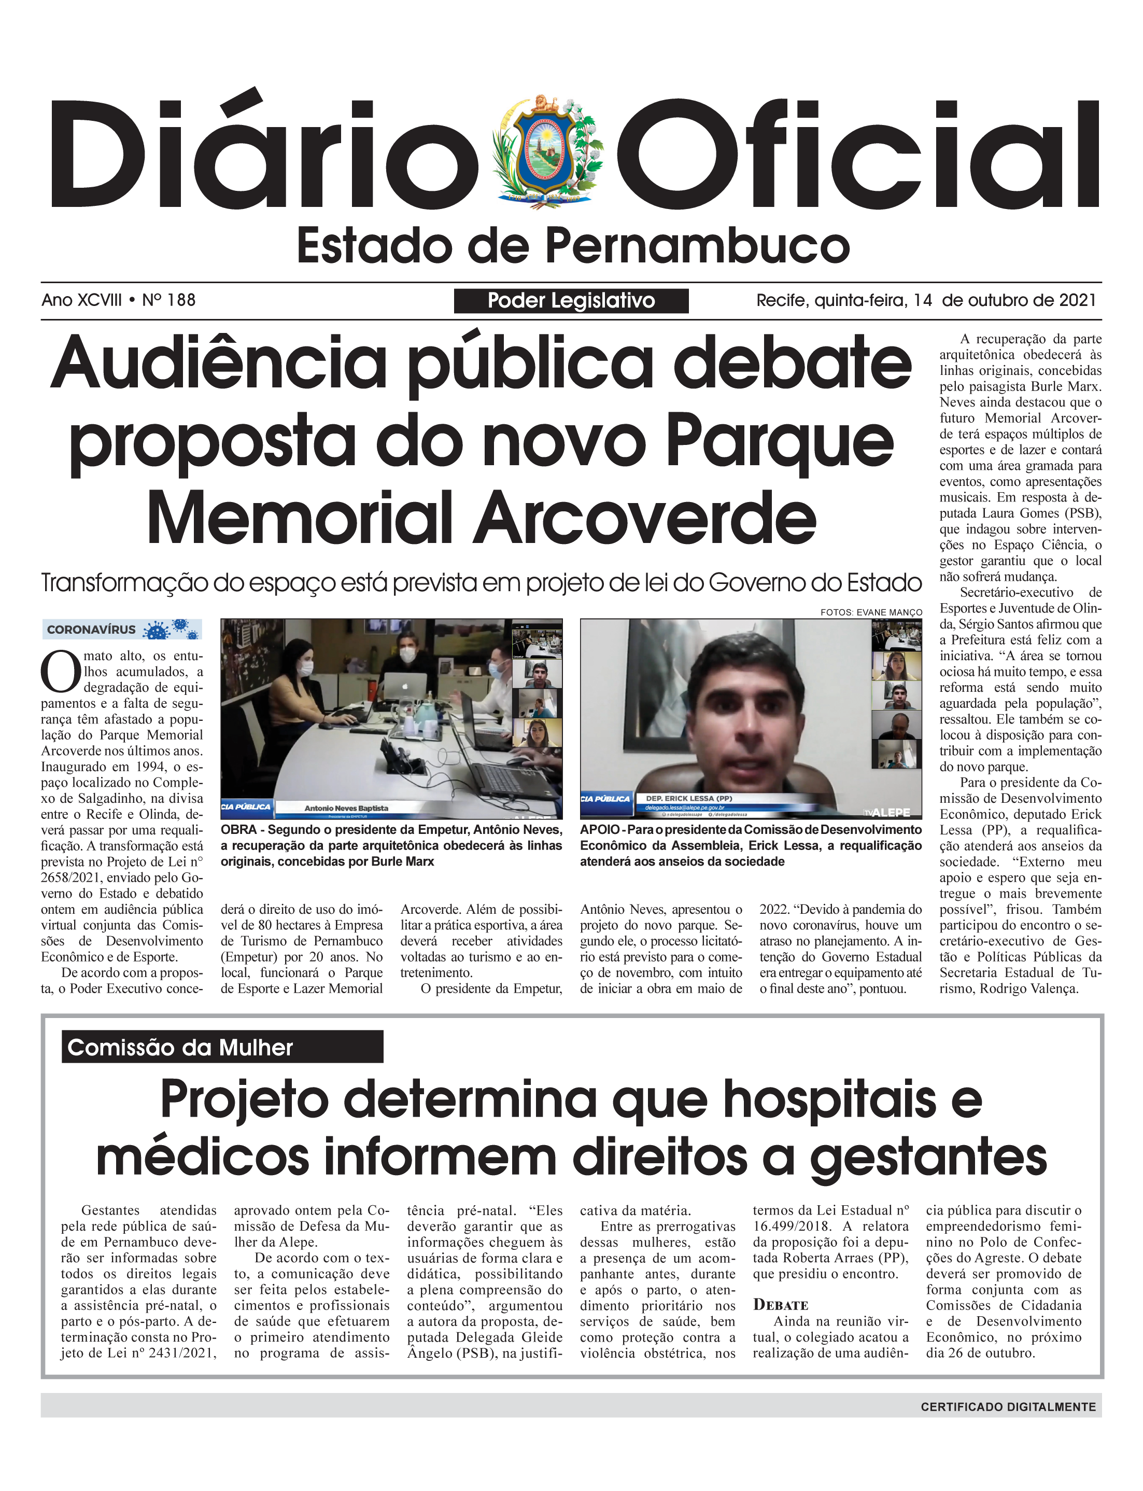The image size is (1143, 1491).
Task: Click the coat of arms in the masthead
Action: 548,151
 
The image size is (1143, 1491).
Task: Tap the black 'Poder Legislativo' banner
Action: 571,301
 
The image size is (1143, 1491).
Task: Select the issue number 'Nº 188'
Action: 169,300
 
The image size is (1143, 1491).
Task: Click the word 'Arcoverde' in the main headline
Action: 644,518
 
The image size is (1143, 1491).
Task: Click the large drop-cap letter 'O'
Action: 60,672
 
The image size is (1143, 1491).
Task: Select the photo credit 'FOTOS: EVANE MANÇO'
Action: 871,612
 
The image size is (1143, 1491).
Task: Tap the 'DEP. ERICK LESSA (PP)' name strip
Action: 688,798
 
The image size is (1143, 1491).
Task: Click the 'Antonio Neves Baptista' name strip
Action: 346,809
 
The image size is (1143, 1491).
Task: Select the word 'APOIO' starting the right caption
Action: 599,830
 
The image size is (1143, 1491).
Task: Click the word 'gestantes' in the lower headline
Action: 928,1158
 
